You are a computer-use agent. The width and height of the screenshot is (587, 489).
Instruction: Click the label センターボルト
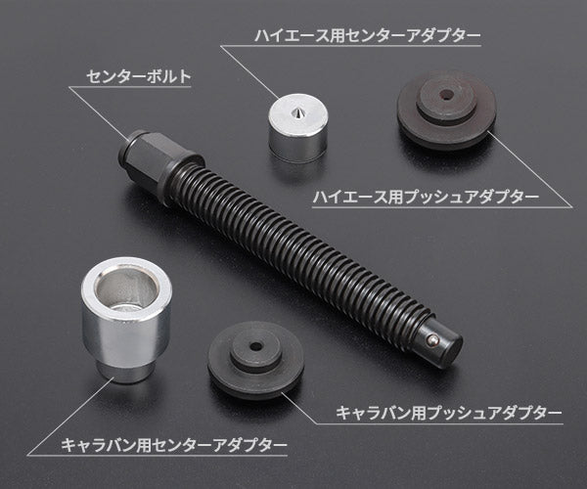click(x=137, y=74)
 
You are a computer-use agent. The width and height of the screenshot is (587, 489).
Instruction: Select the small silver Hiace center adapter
click(x=297, y=129)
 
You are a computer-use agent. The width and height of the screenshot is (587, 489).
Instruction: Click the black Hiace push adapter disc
click(x=445, y=110)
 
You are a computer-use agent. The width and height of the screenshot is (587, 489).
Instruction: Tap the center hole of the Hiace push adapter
click(x=445, y=96)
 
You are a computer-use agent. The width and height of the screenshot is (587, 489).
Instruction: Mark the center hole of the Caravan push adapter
click(x=256, y=346)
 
